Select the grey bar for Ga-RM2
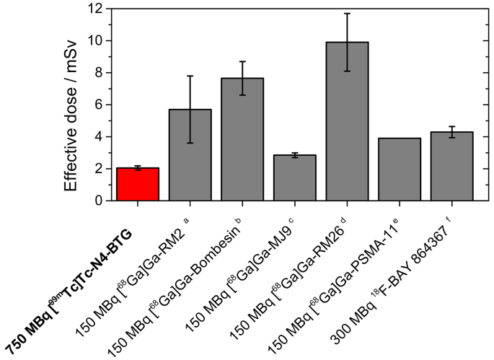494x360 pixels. pos(190,155)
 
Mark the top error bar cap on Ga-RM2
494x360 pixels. pos(190,76)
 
